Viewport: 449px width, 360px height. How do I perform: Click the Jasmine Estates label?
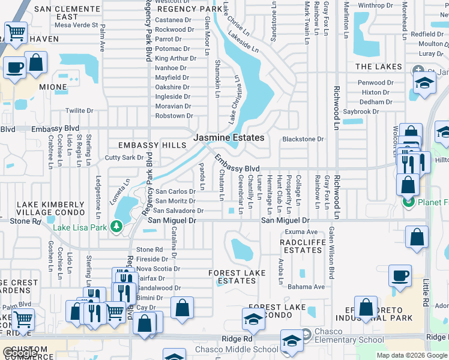[x=229, y=137]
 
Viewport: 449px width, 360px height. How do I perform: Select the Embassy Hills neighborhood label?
[x=152, y=145]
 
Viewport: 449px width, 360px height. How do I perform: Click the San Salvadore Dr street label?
[x=178, y=211]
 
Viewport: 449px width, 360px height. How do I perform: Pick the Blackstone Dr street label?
[x=303, y=139]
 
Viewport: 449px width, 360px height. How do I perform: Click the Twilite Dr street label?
[x=79, y=110]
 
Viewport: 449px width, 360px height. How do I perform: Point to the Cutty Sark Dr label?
[x=124, y=157]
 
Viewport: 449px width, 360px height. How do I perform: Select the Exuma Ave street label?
[x=301, y=232]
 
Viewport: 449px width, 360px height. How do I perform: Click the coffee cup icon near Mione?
[x=14, y=67]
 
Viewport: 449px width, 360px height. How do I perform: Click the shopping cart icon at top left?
[x=15, y=32]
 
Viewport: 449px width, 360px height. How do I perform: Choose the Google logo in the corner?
[x=19, y=353]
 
